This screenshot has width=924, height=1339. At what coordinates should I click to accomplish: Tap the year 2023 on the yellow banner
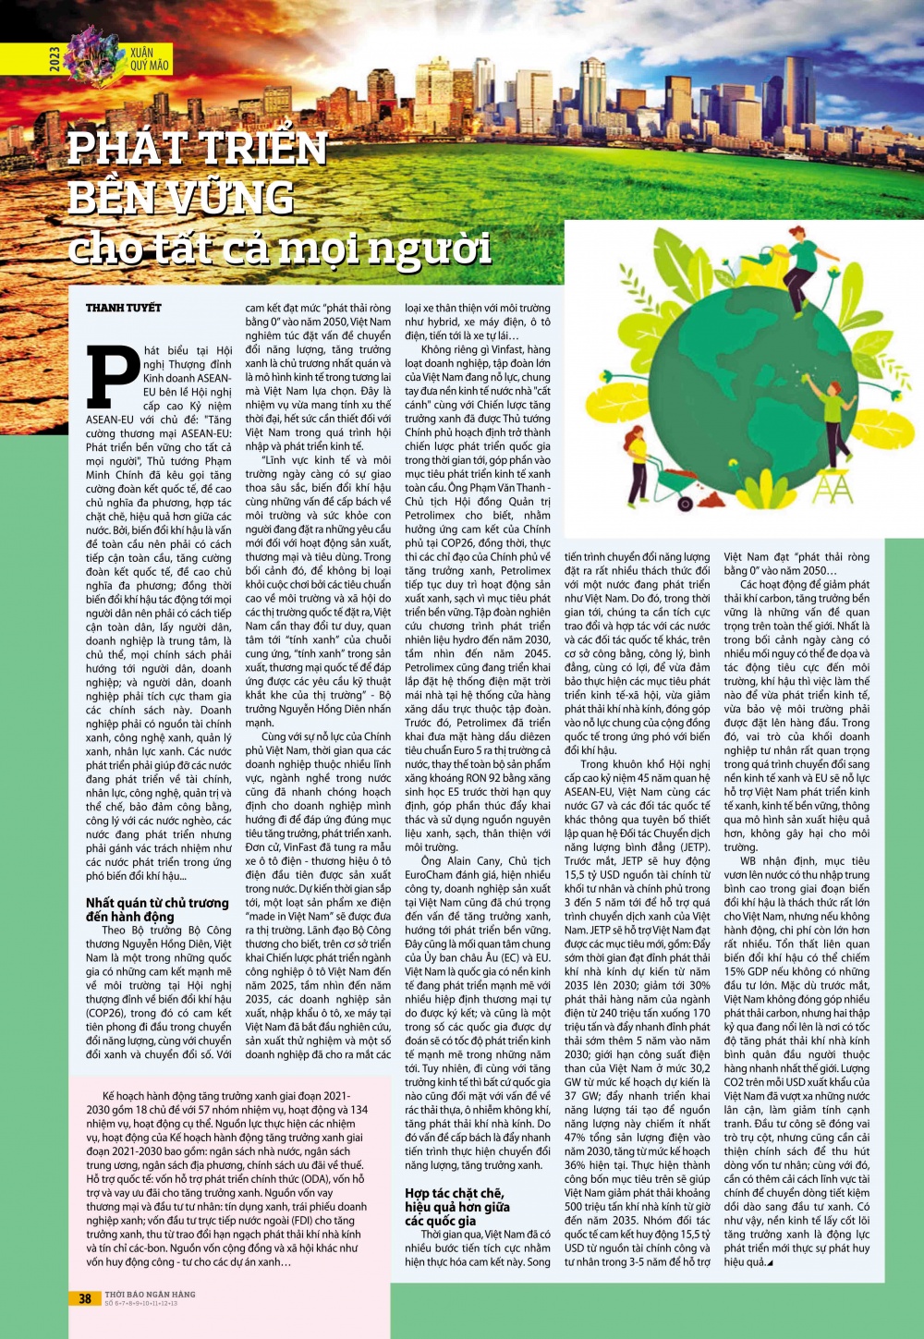[55, 59]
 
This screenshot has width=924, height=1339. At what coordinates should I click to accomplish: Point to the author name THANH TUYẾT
[124, 308]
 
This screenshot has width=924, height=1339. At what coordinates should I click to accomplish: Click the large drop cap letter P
[113, 377]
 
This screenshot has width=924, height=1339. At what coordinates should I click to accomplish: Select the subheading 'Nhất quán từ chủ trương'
[157, 903]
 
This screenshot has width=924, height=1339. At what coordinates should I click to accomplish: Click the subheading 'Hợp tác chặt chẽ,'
[455, 1193]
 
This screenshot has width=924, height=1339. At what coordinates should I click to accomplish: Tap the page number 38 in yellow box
[84, 1298]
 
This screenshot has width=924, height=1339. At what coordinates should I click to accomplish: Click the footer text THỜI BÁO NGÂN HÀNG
[150, 1294]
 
